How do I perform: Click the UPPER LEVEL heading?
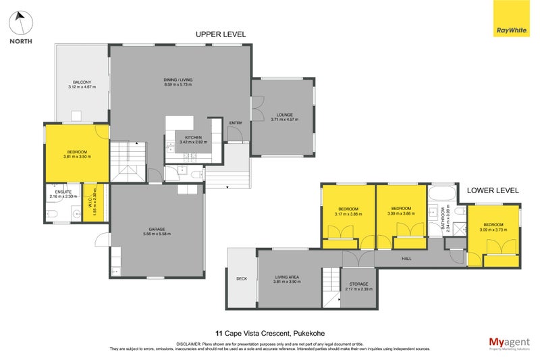[x=221, y=34]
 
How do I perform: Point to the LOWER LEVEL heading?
[x=493, y=190]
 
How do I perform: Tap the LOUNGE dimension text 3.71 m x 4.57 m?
[x=284, y=120]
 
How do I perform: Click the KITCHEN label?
[x=192, y=137]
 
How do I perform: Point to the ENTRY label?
[x=236, y=123]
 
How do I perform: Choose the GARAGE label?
[x=157, y=229]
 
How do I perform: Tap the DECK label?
[x=242, y=278]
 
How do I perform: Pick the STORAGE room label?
[x=358, y=284]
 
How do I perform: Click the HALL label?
[x=406, y=258]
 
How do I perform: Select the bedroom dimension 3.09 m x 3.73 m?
[x=493, y=229]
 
